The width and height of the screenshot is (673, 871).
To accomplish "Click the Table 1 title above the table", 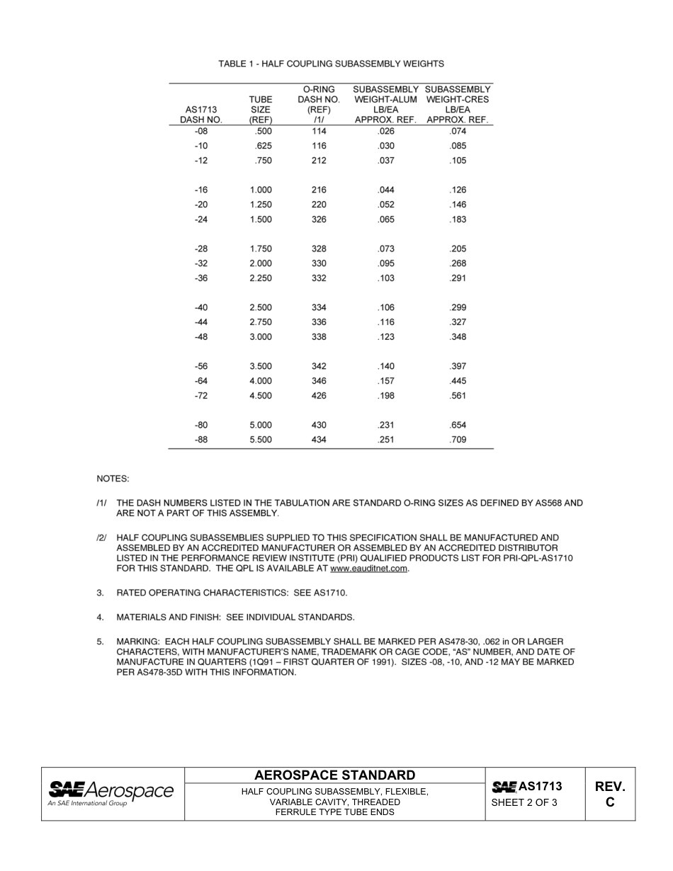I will (x=331, y=64).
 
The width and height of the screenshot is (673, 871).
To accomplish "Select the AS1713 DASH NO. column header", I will (x=201, y=115).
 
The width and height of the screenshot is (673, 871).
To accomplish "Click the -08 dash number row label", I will (x=201, y=131).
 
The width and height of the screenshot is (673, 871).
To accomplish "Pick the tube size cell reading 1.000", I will (x=261, y=190).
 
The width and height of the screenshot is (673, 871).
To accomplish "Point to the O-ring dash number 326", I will (x=319, y=220).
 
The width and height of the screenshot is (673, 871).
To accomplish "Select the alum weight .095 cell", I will (x=385, y=263).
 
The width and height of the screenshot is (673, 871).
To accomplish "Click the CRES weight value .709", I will (x=458, y=440).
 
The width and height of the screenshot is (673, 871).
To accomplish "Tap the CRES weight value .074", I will (x=458, y=131).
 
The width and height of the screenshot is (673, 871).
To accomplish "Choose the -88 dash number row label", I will (x=201, y=440).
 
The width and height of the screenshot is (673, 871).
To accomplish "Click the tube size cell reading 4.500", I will (x=261, y=396).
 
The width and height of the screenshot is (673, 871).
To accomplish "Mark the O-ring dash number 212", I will (x=319, y=161).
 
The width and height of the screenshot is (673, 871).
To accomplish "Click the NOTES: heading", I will (x=113, y=479).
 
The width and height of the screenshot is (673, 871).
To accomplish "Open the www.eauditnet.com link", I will (x=369, y=568).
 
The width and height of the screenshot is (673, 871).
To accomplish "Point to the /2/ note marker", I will (x=101, y=538).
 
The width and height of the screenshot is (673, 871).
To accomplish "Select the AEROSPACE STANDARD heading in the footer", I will (x=334, y=775).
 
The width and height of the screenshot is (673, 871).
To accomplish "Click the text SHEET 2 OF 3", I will (x=525, y=802).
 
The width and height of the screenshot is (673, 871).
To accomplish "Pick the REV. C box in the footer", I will (x=610, y=794).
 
